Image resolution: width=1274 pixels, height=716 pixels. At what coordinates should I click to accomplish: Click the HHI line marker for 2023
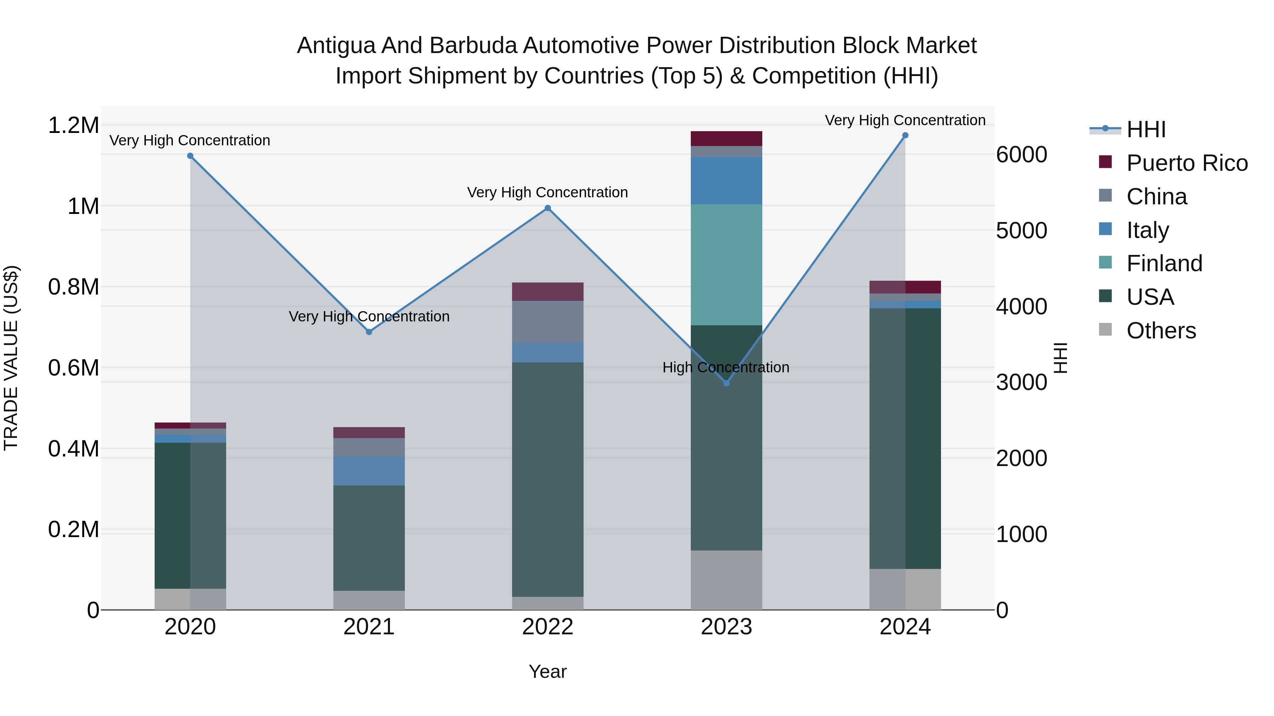726,383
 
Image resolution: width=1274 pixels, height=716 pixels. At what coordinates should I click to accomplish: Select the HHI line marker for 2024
905,135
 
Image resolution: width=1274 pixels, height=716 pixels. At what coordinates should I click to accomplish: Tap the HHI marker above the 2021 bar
369,332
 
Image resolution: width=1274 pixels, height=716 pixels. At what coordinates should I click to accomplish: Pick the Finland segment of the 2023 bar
726,265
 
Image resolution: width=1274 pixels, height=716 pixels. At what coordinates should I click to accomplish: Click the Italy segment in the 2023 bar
726,180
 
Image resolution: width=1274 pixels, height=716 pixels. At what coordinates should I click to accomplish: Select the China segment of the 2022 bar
547,322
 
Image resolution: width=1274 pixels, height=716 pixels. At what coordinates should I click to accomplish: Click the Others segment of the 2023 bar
726,580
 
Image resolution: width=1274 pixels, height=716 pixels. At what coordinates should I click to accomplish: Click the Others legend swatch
1105,330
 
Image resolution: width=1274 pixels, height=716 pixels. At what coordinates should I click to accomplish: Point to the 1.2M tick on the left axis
73,126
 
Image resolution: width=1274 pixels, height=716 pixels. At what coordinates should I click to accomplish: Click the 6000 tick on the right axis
1021,155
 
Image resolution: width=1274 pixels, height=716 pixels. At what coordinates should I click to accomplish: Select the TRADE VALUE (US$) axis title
11,358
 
